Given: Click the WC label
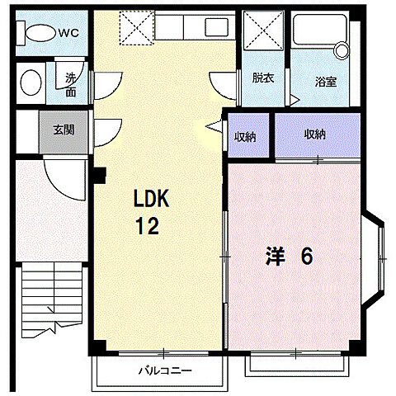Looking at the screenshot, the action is [x=68, y=33].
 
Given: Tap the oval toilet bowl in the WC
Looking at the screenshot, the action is [x=40, y=33].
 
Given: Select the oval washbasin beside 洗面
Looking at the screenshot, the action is [x=31, y=82].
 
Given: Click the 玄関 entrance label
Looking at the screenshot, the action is [x=64, y=130].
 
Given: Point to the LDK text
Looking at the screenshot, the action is [x=151, y=198].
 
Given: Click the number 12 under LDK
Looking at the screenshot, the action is [x=148, y=226].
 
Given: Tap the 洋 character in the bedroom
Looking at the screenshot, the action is [x=275, y=256].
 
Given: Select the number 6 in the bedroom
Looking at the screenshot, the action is [x=307, y=256].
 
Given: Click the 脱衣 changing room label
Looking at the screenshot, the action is [x=263, y=78].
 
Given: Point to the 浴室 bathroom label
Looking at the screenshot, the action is [x=326, y=82].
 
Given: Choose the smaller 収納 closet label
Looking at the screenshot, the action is [x=245, y=137].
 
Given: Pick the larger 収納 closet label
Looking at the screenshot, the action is [x=314, y=134].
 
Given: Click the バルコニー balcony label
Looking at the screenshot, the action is [x=165, y=371].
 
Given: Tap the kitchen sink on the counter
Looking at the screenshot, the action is [x=216, y=26].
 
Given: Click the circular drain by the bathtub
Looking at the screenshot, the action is [x=342, y=50].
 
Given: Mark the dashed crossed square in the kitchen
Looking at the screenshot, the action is [x=137, y=27].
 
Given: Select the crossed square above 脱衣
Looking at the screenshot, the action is [x=263, y=31].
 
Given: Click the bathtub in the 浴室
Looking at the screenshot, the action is [x=320, y=30].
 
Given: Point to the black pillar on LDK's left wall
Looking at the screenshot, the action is [x=99, y=175].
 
